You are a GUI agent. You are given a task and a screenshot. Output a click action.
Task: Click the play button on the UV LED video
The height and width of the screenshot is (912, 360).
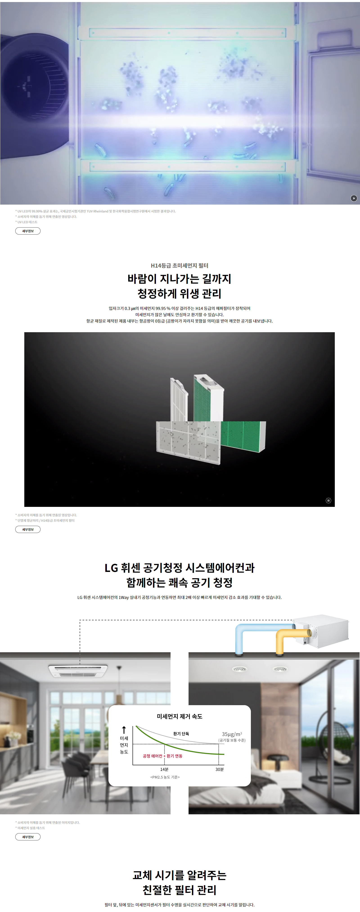point(354,198)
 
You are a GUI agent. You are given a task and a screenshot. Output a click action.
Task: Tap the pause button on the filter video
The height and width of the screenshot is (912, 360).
point(328,500)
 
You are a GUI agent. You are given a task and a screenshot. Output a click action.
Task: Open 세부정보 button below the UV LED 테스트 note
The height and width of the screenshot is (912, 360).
point(28,231)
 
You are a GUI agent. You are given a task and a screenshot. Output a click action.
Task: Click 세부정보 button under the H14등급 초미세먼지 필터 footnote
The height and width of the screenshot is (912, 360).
point(28,529)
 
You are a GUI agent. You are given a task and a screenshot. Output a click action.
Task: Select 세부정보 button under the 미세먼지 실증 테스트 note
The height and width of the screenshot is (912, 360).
point(28,837)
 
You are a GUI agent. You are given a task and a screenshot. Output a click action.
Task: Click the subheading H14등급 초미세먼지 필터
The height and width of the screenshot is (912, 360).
point(180,266)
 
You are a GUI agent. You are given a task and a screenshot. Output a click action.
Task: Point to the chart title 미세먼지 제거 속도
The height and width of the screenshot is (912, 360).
point(180,716)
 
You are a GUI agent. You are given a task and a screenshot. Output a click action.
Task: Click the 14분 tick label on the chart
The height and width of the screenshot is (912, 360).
point(164,769)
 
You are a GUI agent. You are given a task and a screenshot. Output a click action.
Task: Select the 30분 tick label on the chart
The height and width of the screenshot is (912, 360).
point(219,769)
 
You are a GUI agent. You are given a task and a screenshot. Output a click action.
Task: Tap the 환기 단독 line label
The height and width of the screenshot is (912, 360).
point(181,734)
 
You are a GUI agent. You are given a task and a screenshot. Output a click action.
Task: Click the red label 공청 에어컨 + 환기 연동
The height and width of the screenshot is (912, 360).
point(162,756)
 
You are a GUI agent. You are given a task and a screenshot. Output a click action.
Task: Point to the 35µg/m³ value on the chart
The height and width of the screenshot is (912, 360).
point(232,734)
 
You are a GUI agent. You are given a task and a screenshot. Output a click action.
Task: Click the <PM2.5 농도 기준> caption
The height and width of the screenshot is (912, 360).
point(165,777)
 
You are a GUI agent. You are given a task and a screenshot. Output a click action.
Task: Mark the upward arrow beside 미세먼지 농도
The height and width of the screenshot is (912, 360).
point(124,730)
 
